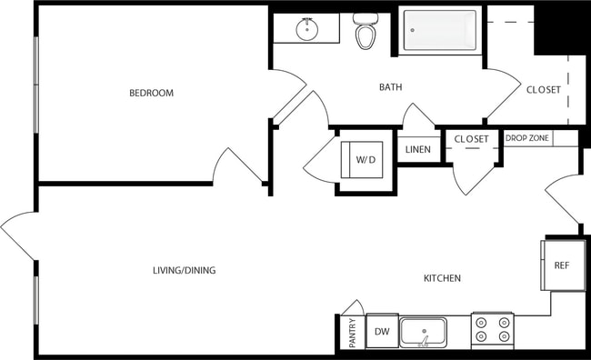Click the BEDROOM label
[151, 93]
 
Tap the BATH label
[391, 87]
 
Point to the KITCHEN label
[442, 278]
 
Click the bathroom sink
[308, 29]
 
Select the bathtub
[440, 30]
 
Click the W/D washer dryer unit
[366, 160]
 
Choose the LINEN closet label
[418, 149]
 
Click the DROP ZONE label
[526, 138]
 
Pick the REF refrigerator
[563, 265]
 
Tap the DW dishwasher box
[381, 332]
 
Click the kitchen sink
[424, 332]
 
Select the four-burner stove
[492, 329]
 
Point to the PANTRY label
[352, 333]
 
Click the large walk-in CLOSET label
[544, 89]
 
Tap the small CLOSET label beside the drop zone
[471, 139]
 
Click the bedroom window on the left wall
[35, 95]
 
